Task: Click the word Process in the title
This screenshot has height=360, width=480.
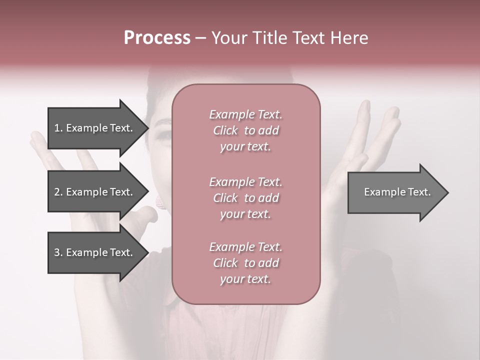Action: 157,38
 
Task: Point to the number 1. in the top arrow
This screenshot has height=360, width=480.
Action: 58,128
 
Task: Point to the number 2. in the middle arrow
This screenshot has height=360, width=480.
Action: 58,192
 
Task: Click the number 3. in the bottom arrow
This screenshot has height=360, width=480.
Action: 58,252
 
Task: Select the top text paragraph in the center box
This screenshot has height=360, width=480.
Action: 245,130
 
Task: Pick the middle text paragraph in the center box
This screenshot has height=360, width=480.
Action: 245,197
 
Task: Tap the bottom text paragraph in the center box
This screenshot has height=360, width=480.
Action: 245,263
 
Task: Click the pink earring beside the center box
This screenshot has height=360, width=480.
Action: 160,201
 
